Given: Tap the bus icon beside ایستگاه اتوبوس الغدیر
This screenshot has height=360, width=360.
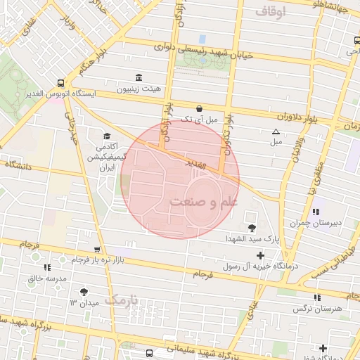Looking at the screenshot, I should (61, 82).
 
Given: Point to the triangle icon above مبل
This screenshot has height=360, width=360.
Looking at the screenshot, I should (276, 131).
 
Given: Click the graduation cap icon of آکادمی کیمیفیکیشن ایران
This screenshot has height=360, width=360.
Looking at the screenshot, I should (107, 136).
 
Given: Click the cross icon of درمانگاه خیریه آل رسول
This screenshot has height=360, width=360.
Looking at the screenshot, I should (261, 255).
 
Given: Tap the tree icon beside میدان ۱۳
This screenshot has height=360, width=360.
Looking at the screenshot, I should (85, 292).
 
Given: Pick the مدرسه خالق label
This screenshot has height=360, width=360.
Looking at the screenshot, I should (47, 278).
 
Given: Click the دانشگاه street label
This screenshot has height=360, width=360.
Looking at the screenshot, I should (22, 164).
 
